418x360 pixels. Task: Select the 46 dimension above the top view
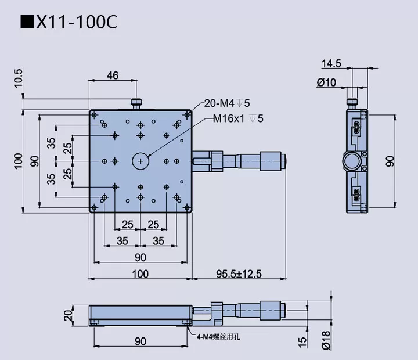pyautogui.click(x=113, y=75)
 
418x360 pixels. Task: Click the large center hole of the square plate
pyautogui.click(x=140, y=161)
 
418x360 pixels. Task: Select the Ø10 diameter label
pyautogui.click(x=326, y=82)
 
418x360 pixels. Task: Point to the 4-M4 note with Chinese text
pyautogui.click(x=216, y=336)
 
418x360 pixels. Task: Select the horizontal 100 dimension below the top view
pyautogui.click(x=140, y=274)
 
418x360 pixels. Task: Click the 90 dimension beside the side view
pyautogui.click(x=390, y=161)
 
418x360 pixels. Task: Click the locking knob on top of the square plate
pyautogui.click(x=137, y=104)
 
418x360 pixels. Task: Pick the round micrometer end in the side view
pyautogui.click(x=352, y=161)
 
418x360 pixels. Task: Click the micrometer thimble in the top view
pyautogui.click(x=272, y=161)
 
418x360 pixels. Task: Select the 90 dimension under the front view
pyautogui.click(x=140, y=342)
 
